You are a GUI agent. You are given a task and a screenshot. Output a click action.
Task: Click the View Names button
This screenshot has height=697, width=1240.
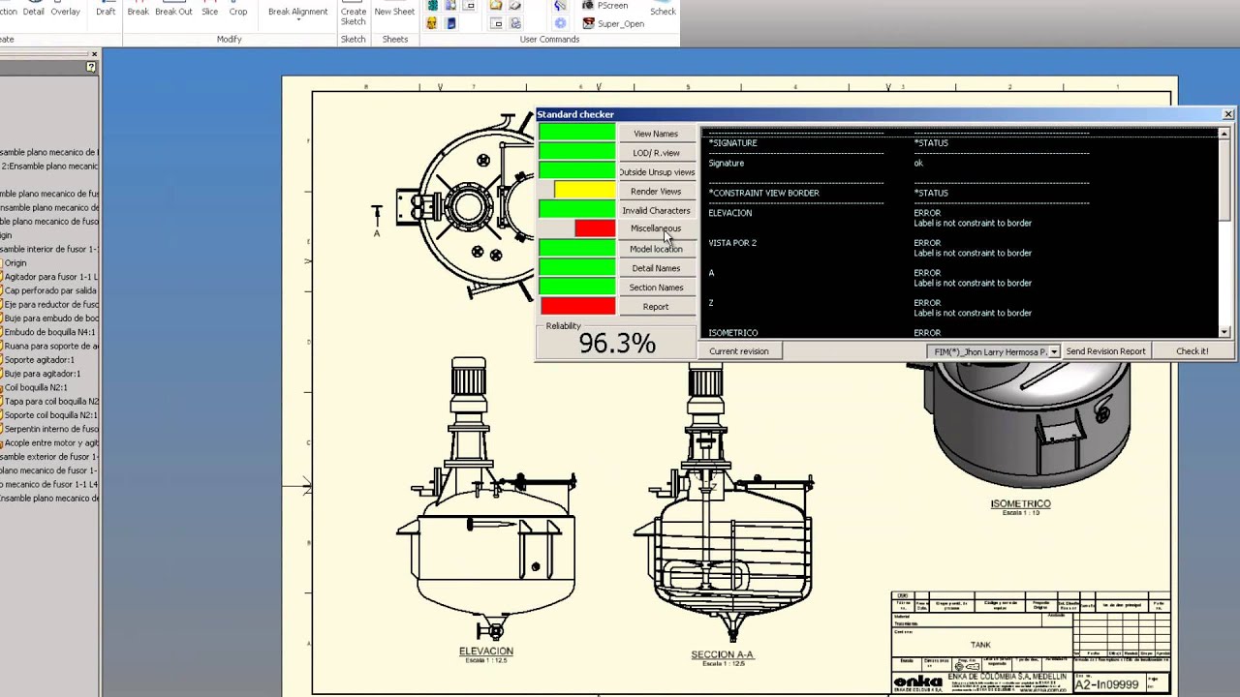pos(656,134)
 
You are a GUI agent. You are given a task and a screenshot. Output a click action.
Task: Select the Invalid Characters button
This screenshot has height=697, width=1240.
pos(656,210)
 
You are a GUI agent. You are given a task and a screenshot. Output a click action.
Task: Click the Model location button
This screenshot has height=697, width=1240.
pos(656,249)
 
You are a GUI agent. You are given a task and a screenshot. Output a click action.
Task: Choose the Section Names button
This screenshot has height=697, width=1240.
pos(656,288)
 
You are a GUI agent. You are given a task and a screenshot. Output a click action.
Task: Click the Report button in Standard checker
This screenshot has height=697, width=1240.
pos(656,307)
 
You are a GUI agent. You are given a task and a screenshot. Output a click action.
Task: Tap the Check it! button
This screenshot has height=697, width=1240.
pos(1192,351)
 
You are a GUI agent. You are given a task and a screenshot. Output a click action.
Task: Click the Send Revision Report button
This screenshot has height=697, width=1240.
pos(1105,351)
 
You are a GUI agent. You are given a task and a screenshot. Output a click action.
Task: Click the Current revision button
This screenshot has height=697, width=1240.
pos(738,351)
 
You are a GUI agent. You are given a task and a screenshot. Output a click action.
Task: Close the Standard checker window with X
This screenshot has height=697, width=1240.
pos(1227,114)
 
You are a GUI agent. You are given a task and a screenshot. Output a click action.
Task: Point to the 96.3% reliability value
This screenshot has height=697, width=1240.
pos(617,344)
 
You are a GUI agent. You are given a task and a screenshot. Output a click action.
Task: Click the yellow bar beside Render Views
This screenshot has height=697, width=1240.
pos(585,191)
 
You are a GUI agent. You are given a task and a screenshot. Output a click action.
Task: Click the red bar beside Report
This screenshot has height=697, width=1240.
pos(577,307)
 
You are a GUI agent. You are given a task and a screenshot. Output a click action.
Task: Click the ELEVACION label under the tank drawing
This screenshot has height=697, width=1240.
pos(486,652)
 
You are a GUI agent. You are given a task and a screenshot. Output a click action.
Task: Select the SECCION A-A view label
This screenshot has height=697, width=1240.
pos(722,654)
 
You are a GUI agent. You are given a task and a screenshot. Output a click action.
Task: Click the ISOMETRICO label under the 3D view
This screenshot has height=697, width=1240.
pos(1020,503)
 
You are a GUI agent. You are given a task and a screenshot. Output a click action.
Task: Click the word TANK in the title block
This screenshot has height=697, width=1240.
pos(980,645)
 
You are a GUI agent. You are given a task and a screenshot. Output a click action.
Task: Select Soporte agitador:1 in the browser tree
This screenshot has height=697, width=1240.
pos(39,359)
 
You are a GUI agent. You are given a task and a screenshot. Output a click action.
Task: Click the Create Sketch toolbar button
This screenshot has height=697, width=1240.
pos(354,15)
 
